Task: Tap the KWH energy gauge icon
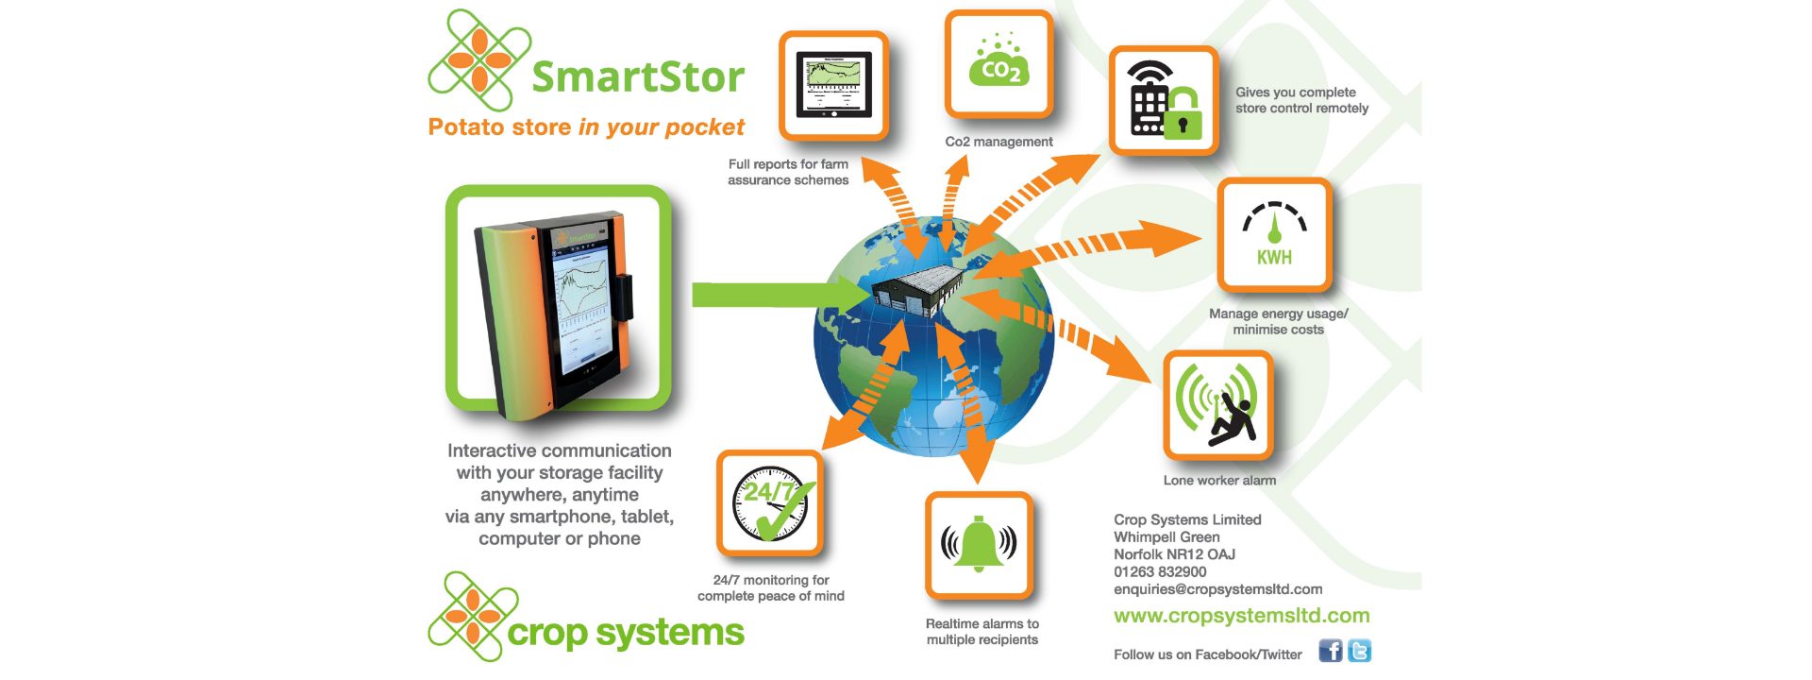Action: [1274, 234]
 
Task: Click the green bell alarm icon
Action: [979, 544]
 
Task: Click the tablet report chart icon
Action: [833, 85]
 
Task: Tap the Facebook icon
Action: [1330, 651]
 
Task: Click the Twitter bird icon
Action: [1359, 651]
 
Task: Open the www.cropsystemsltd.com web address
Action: [1241, 616]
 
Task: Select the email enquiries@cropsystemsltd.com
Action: [1217, 589]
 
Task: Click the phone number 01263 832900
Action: [1160, 571]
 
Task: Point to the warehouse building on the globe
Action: [916, 288]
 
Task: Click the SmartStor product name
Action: [638, 76]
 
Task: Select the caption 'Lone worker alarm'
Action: [1219, 480]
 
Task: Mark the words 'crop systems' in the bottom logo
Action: [626, 632]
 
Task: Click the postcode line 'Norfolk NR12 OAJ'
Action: [1174, 554]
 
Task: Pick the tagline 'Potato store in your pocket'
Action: [586, 127]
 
